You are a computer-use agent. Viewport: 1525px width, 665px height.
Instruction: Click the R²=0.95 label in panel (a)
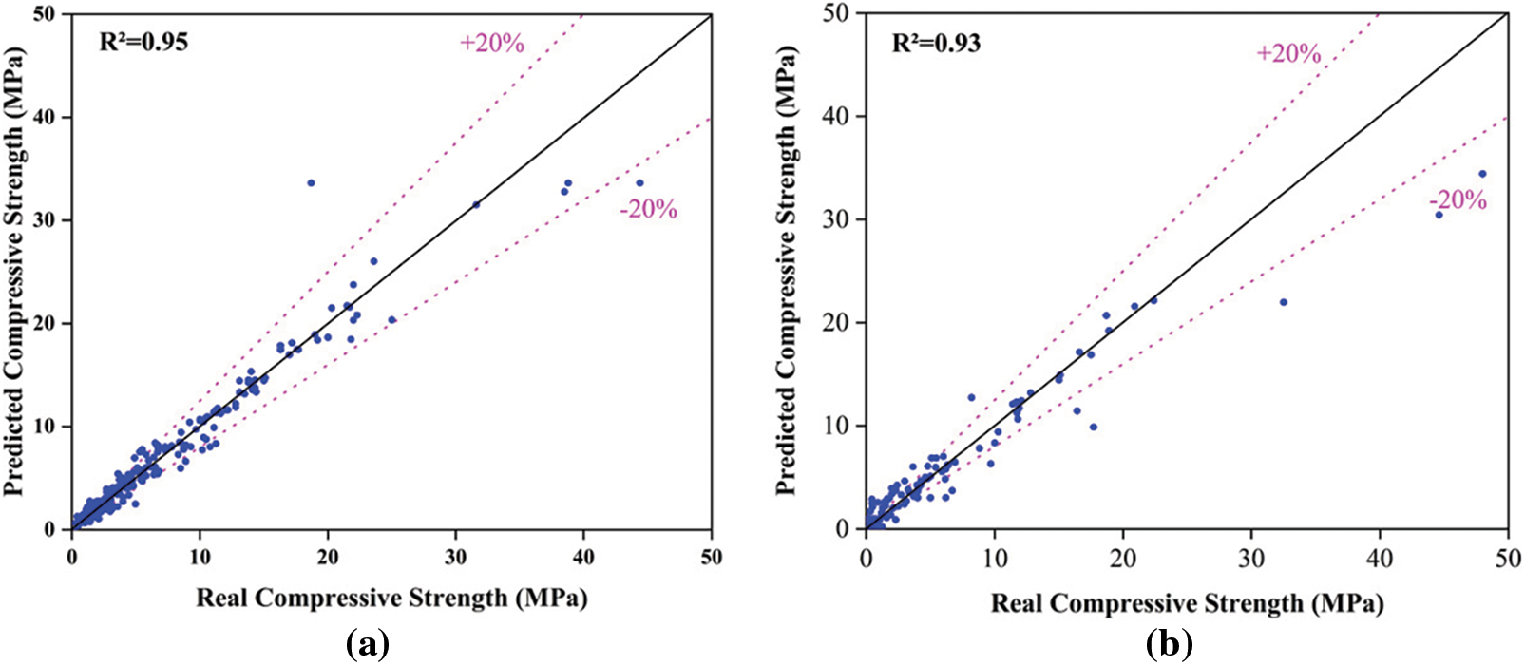click(143, 42)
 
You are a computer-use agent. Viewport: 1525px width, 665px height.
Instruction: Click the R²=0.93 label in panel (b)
click(936, 43)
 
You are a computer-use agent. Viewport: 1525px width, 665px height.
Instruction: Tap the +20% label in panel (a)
click(492, 43)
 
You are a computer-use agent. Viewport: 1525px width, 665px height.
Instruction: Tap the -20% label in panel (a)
click(649, 209)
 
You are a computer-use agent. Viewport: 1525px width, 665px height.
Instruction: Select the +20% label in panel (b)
click(1288, 53)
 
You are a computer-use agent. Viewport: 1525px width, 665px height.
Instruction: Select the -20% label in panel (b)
click(1458, 199)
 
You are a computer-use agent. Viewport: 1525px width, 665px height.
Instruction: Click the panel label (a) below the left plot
click(369, 646)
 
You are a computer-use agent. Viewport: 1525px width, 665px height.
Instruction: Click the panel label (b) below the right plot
click(1166, 646)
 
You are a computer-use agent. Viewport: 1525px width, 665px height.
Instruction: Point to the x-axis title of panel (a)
click(391, 598)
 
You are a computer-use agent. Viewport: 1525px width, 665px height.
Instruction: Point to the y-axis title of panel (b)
click(787, 271)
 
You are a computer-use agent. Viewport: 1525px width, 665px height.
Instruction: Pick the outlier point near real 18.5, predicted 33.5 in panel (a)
click(311, 182)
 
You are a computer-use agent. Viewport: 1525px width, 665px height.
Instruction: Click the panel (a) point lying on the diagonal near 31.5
click(476, 204)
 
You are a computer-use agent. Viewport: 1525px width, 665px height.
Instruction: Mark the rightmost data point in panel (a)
click(639, 182)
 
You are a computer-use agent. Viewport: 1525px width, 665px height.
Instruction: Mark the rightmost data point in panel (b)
click(1482, 174)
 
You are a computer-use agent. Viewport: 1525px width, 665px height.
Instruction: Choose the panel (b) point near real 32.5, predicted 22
click(1283, 302)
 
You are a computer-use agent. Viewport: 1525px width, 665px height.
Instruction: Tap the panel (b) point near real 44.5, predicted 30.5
click(1439, 215)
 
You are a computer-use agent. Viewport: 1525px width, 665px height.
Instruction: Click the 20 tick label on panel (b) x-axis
click(1123, 558)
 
